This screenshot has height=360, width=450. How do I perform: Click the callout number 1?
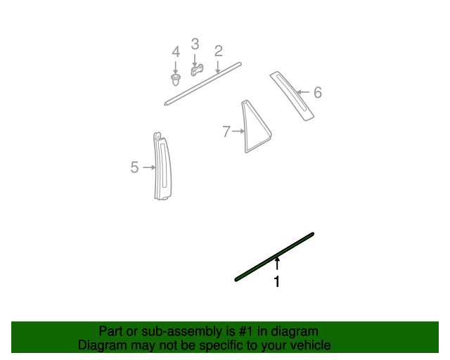[276, 282]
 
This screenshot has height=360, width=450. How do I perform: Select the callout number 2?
[219, 51]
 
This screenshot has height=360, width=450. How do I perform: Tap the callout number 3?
[195, 44]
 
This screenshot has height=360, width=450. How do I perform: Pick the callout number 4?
[176, 51]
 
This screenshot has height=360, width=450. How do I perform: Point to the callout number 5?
[134, 167]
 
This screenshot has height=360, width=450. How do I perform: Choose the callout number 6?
[318, 92]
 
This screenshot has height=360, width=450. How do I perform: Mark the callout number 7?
[226, 131]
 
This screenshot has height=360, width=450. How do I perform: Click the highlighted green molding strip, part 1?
[274, 257]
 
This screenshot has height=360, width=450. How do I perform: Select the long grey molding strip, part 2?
[203, 84]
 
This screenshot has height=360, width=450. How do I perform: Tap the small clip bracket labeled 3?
[197, 70]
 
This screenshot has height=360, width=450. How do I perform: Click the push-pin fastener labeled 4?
[175, 79]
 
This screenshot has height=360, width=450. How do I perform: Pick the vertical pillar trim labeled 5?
[162, 167]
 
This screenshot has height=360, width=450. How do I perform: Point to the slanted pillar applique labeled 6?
[292, 96]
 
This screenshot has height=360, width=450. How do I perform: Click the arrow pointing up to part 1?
[277, 264]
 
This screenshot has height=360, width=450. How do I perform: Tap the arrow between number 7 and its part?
[238, 131]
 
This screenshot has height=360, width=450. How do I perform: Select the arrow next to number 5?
[149, 167]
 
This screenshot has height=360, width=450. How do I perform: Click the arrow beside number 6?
[303, 92]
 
